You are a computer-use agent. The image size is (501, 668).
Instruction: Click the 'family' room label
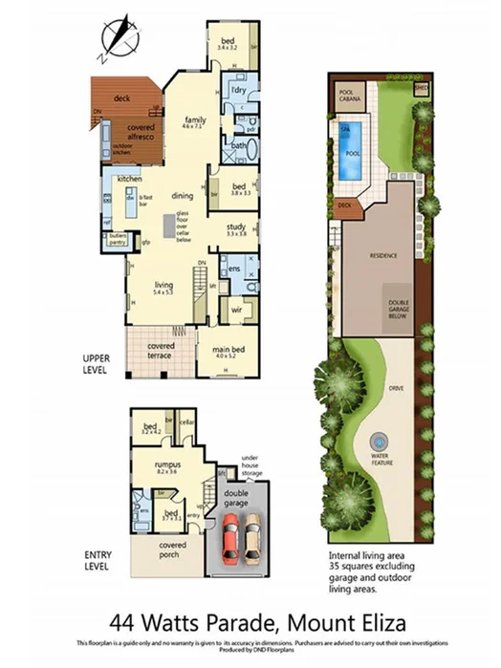(195, 120)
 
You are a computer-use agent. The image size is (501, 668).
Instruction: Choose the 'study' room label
(236, 226)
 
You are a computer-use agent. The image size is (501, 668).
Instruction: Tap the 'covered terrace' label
(160, 350)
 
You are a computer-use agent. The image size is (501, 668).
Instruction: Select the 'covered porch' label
(166, 552)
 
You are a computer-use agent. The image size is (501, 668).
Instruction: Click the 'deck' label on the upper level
(121, 97)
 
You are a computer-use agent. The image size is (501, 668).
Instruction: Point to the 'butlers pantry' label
(118, 239)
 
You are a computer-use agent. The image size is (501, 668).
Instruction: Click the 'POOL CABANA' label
(350, 97)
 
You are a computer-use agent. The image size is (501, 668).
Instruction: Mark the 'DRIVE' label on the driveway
(393, 389)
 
